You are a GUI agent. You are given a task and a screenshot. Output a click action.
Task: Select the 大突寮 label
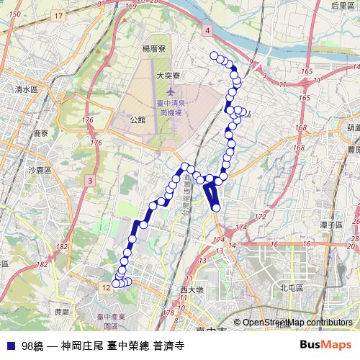pos(167,74)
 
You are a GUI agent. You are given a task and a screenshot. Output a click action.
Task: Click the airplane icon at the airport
pos(170,91)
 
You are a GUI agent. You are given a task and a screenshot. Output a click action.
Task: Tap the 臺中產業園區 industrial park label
pos(111,320)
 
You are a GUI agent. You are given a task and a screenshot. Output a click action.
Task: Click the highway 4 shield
pos(207,31)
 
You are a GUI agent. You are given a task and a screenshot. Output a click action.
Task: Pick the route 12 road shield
pos(106,287)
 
